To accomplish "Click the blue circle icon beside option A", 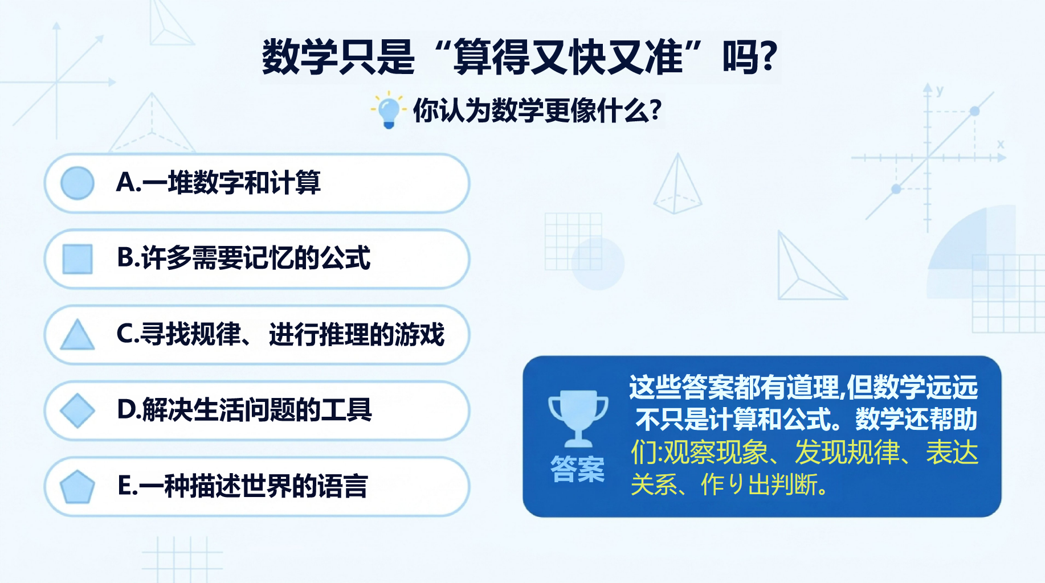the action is [x=77, y=183].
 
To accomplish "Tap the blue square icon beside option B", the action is [x=77, y=259].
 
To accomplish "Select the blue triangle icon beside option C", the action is [x=77, y=334].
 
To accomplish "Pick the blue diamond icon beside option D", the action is [x=77, y=410].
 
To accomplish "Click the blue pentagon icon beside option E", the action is [x=77, y=487].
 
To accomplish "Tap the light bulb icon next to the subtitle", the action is [x=389, y=110].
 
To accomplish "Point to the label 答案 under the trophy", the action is [x=577, y=469].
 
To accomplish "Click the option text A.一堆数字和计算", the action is [x=218, y=183].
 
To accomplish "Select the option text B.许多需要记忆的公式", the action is [x=244, y=258].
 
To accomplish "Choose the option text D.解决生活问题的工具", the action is [x=244, y=409].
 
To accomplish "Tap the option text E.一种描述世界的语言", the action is [x=243, y=486].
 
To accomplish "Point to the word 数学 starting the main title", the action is [x=300, y=57].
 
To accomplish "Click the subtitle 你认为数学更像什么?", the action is [x=537, y=110].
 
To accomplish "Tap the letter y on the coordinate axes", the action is [x=940, y=91].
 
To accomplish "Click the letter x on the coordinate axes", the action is [x=1001, y=145].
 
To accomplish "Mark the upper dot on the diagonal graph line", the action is [x=975, y=111].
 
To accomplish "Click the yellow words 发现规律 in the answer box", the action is [x=847, y=453].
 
